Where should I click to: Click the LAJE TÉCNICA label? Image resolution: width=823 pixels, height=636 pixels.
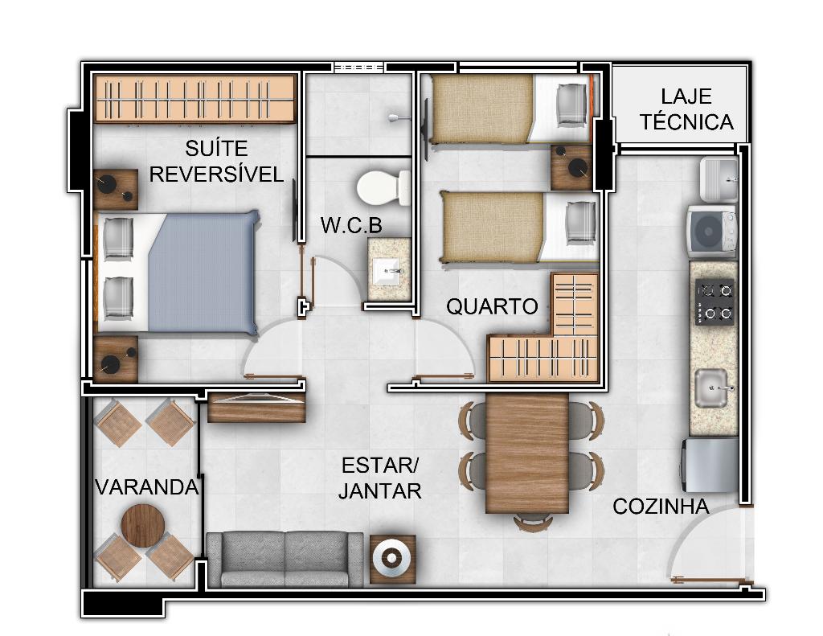[686, 109]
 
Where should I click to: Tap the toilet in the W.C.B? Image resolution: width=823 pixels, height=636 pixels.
[383, 187]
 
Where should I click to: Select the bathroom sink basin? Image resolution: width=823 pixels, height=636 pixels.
[389, 270]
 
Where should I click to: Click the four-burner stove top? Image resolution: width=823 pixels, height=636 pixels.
[714, 302]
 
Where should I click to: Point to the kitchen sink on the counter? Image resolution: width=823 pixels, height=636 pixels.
[712, 388]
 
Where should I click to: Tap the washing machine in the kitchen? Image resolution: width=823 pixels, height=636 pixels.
[713, 229]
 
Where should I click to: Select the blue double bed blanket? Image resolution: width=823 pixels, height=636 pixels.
[203, 272]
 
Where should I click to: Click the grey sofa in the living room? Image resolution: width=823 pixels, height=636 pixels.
[285, 559]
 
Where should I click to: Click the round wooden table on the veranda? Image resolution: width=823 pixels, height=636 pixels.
[143, 526]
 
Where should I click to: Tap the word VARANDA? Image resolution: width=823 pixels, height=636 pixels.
[147, 487]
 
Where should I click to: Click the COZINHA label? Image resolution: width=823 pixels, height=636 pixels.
[661, 507]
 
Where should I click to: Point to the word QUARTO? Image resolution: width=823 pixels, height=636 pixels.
[492, 306]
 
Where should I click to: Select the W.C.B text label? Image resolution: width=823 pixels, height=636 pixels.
[351, 225]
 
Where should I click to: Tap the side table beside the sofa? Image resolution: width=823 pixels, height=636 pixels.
[392, 560]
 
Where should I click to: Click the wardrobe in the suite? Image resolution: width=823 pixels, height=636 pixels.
[194, 99]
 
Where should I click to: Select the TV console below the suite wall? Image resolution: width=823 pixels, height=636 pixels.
[256, 407]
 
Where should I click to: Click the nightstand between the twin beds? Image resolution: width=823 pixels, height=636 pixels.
[572, 167]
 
